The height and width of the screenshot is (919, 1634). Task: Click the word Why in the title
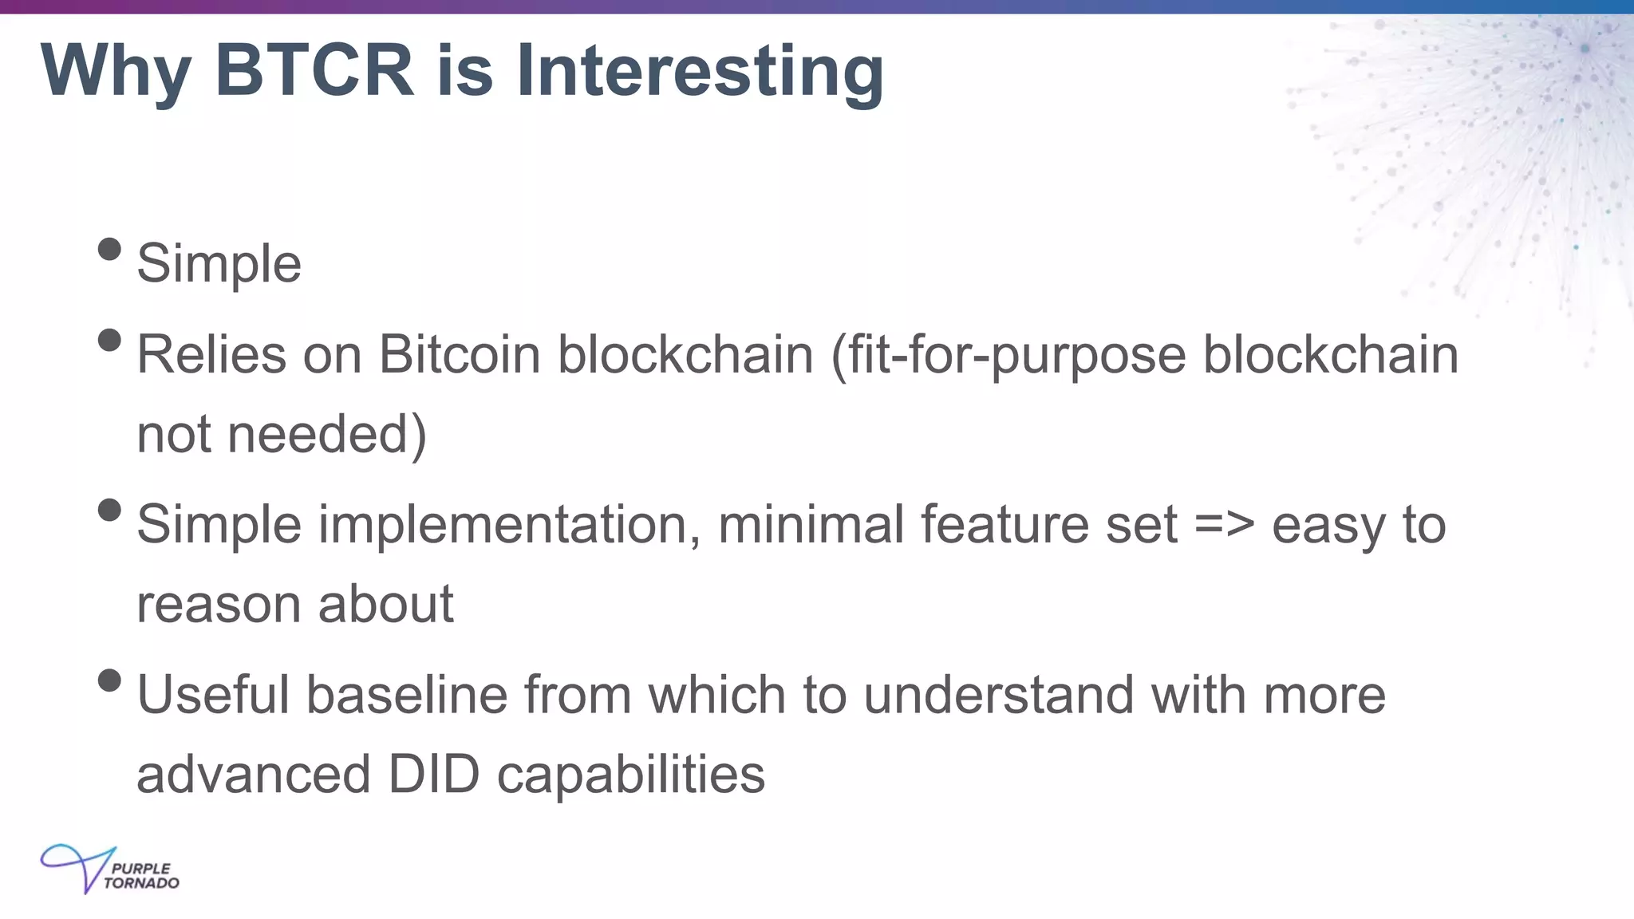[x=116, y=72]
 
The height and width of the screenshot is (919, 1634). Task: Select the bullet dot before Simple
[x=109, y=250]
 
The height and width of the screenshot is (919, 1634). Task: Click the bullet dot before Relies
[x=109, y=341]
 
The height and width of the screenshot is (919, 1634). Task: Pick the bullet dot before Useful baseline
[x=109, y=680]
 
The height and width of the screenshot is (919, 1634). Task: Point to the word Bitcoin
[x=460, y=354]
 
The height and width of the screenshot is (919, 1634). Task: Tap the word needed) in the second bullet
[x=327, y=435]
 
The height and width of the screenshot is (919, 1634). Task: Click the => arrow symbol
[x=1225, y=526]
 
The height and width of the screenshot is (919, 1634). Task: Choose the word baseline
[x=407, y=695]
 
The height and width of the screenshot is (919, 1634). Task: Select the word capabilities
[x=630, y=775]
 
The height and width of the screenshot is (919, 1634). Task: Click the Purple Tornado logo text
[x=141, y=876]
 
